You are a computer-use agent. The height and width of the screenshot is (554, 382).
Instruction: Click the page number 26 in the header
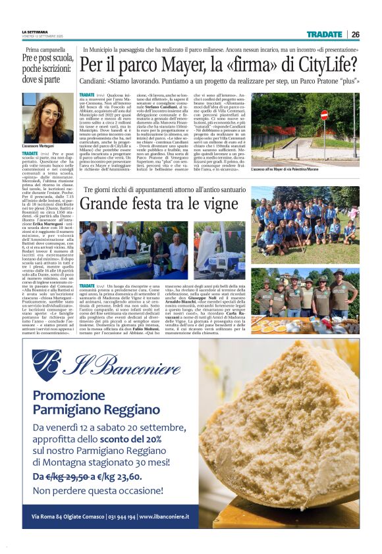355,34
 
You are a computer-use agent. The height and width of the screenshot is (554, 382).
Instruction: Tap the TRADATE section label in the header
324,34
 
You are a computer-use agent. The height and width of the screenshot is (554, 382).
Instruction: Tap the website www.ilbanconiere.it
163,516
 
